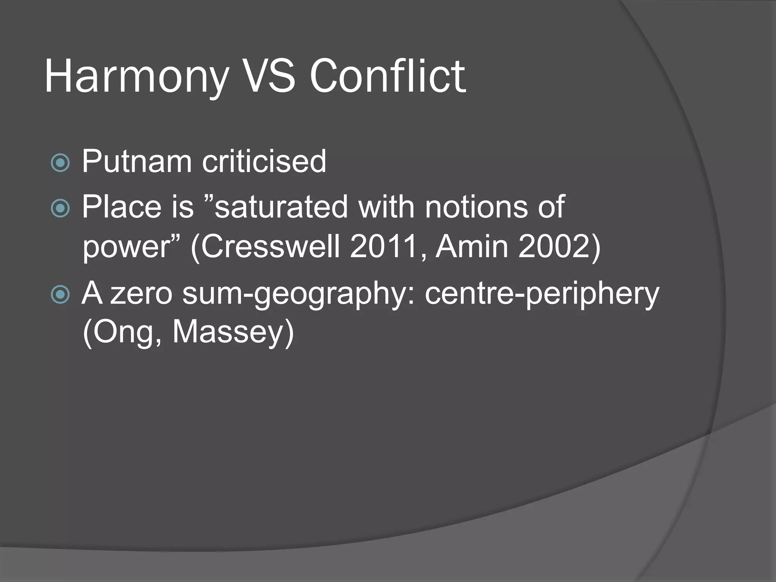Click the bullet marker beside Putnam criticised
60,163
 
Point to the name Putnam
137,161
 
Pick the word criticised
264,161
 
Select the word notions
476,207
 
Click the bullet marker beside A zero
60,294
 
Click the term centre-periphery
542,294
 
